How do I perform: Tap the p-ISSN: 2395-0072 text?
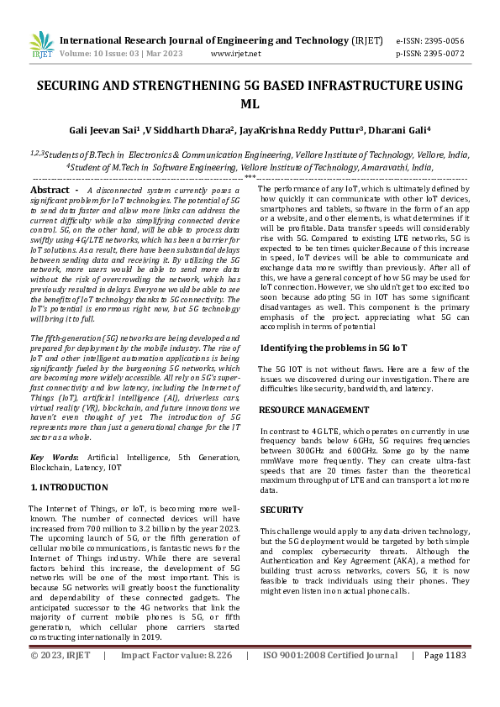click(x=429, y=53)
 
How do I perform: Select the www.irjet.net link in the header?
click(x=235, y=53)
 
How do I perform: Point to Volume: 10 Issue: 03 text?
click(x=98, y=53)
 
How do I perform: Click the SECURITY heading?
click(x=281, y=510)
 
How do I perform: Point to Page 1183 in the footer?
click(x=445, y=678)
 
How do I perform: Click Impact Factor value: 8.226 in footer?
click(x=176, y=678)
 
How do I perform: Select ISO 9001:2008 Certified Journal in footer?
click(x=330, y=678)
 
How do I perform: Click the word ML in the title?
click(x=250, y=104)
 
